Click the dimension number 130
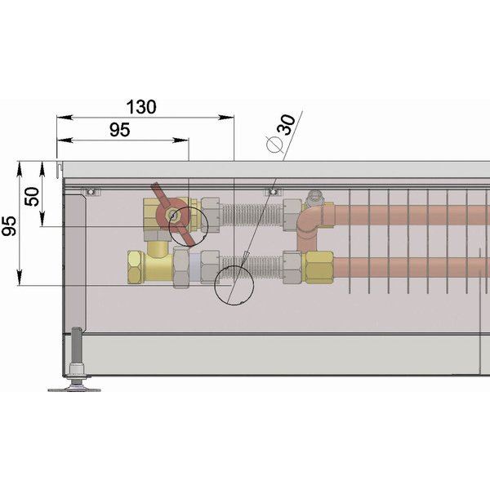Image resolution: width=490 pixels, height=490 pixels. point(141,107)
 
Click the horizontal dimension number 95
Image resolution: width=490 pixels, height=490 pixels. point(120,130)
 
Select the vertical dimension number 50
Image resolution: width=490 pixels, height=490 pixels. point(32,196)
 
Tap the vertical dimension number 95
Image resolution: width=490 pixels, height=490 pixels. point(8,225)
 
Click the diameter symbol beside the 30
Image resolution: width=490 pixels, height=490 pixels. point(274,145)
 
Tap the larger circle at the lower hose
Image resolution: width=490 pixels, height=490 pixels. point(234,285)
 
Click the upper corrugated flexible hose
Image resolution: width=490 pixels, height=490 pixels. point(252,215)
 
